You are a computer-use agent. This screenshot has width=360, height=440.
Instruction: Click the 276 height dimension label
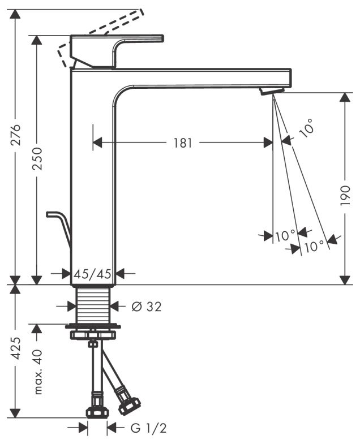[x=16, y=134]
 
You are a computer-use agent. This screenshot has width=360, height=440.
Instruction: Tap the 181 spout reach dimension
[x=183, y=143]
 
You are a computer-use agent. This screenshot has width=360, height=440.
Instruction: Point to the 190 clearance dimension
[x=345, y=195]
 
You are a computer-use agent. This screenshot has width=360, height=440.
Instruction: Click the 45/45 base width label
[x=93, y=274]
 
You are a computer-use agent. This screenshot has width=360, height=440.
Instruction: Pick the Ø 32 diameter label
[x=147, y=307]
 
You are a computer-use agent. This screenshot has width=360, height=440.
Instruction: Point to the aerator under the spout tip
[x=272, y=91]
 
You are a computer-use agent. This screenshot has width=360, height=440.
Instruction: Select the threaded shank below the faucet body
[x=93, y=305]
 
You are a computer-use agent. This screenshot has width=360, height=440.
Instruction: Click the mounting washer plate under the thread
[x=93, y=327]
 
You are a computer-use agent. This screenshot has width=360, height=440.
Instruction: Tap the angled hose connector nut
[x=130, y=406]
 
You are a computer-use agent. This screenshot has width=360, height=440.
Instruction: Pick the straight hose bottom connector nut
[x=96, y=411]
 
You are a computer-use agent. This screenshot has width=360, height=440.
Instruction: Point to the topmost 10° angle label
[x=306, y=130]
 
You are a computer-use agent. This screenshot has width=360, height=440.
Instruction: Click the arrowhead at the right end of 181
[x=268, y=143]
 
